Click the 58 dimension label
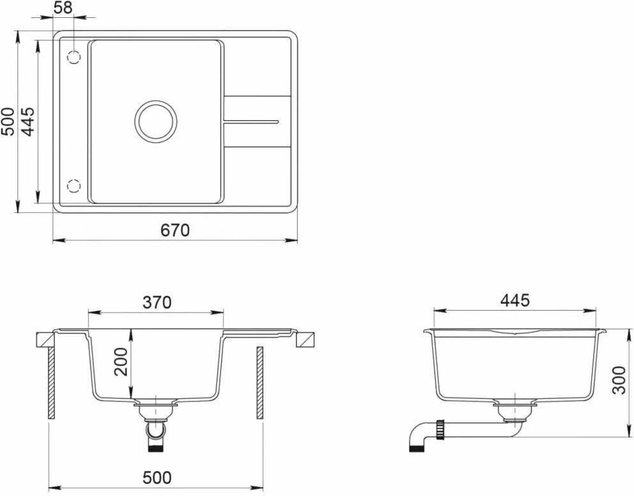63,8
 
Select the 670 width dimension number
175,230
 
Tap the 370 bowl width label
157,302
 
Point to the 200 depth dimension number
121,362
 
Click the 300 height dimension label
619,380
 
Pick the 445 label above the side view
514,300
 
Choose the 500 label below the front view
157,478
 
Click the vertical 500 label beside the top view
8,121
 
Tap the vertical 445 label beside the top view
27,121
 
